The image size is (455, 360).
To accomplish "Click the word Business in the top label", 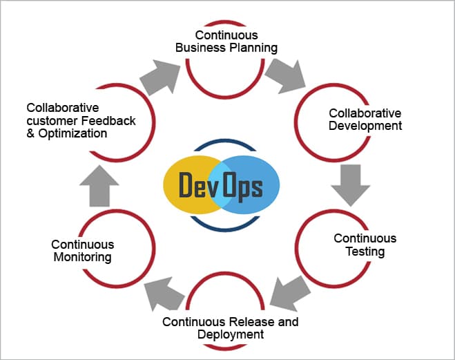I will (201, 48).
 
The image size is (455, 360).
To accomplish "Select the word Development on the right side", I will (365, 126).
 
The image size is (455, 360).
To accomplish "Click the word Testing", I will (365, 252).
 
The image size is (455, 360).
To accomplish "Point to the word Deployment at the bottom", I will (231, 334).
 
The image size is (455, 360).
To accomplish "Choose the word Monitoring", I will (82, 257).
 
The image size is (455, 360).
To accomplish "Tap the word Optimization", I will (72, 133).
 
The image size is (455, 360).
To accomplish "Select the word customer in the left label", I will (52, 120).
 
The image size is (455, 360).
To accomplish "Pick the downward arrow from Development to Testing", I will (350, 183).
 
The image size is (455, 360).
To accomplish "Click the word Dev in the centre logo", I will (195, 186).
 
